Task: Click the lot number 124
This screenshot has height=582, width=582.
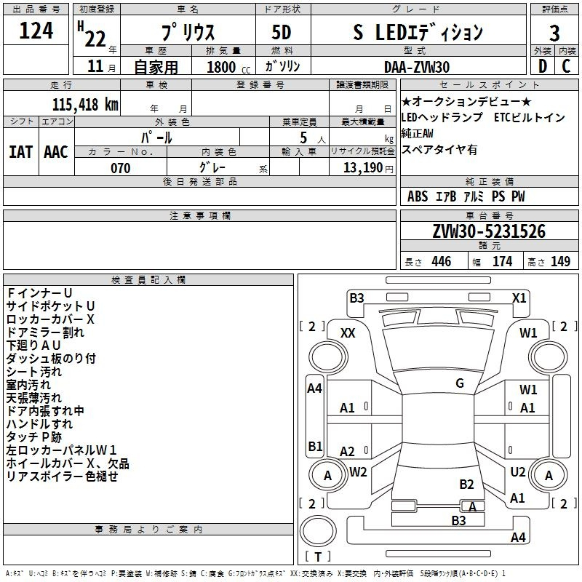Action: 36,31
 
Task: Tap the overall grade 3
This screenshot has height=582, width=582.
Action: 554,33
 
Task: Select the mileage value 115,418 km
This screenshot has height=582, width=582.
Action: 85,105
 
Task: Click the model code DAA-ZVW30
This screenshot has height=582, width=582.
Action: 417,67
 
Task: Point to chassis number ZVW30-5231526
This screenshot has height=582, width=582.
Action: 489,231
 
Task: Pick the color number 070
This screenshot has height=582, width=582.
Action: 121,168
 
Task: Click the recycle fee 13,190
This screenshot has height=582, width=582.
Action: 363,168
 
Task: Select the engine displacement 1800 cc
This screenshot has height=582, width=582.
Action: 228,67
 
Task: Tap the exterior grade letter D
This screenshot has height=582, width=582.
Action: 543,66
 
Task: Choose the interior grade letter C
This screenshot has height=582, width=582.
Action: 566,66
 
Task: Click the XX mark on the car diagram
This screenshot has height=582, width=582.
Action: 348,333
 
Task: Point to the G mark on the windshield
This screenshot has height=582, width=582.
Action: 460,383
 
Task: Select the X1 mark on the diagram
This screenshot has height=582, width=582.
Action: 519,298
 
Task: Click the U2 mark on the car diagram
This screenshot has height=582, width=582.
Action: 518,472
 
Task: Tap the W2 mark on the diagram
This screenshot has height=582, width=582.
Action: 358,472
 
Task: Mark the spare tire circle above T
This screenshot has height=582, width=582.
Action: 318,531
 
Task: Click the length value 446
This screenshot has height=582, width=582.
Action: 442,262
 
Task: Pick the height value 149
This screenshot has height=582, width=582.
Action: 560,262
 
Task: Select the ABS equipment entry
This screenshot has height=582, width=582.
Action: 418,196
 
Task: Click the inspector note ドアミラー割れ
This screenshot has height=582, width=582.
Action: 45,332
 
